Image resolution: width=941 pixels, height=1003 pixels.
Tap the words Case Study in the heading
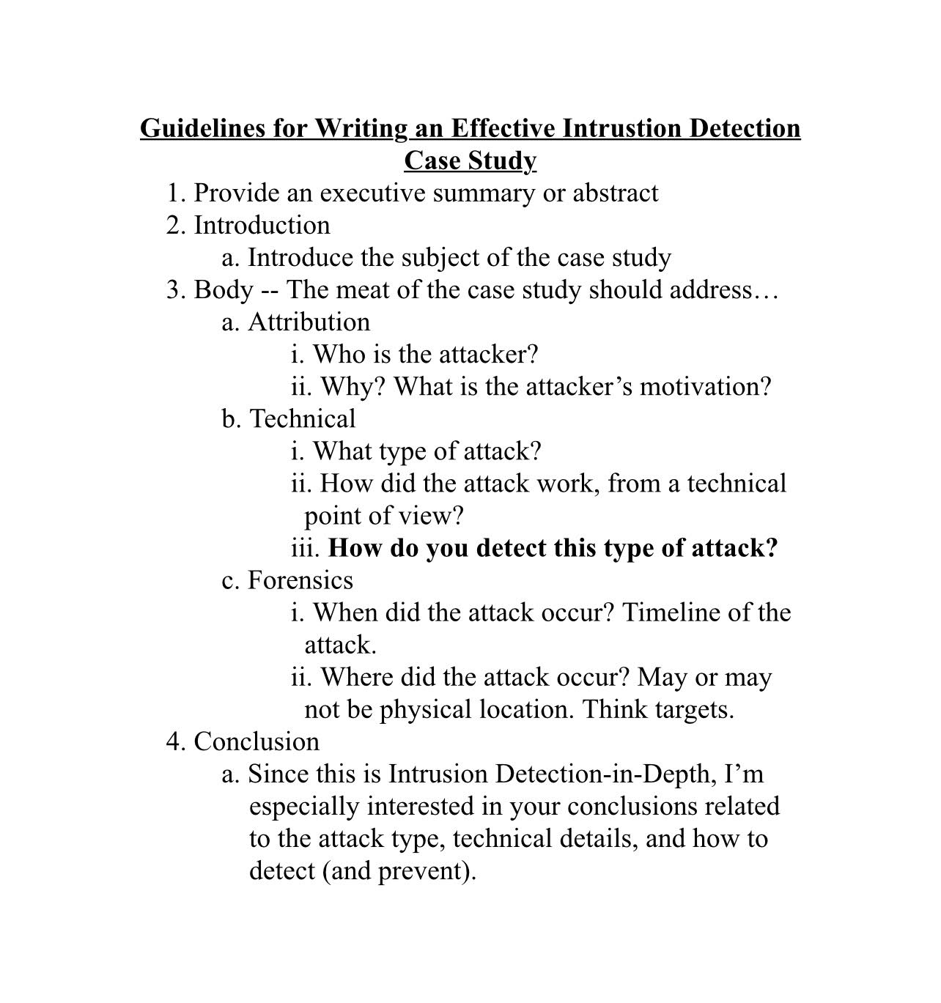click(x=470, y=160)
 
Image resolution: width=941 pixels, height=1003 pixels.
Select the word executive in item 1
click(x=372, y=193)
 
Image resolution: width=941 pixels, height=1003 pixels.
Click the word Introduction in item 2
click(x=262, y=226)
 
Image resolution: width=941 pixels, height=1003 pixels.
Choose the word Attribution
click(x=309, y=322)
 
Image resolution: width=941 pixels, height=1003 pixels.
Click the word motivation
click(x=705, y=387)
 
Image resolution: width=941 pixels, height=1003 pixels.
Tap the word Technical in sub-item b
click(x=303, y=419)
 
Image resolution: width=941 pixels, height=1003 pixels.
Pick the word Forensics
click(x=300, y=580)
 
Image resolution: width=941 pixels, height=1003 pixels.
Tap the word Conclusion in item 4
click(x=257, y=741)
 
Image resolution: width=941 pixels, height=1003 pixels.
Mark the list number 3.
click(x=174, y=290)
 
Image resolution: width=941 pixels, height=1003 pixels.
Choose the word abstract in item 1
click(x=615, y=193)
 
